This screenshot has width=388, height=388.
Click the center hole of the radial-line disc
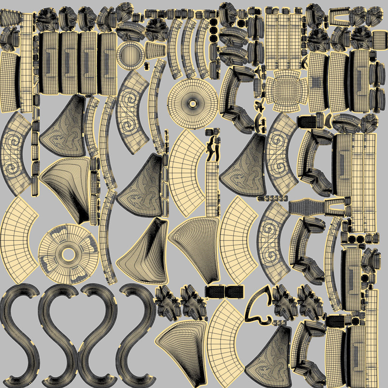pos(192,103)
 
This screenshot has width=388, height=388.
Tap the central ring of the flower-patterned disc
pos(68,254)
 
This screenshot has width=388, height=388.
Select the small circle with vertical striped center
pos(130,55)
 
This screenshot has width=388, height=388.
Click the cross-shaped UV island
pos(286,91)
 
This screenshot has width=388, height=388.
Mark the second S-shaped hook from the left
pos(59,333)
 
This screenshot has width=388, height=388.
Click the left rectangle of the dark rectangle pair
pos(214,291)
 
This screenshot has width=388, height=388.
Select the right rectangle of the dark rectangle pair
pos(235,291)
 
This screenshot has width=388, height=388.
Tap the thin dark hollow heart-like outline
pos(258,307)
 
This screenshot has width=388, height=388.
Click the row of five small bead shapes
pos(272,198)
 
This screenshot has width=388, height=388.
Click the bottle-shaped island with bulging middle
pos(307,207)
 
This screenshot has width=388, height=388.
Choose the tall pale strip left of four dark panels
pos(27,63)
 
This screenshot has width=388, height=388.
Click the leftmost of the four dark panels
pos(48,63)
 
